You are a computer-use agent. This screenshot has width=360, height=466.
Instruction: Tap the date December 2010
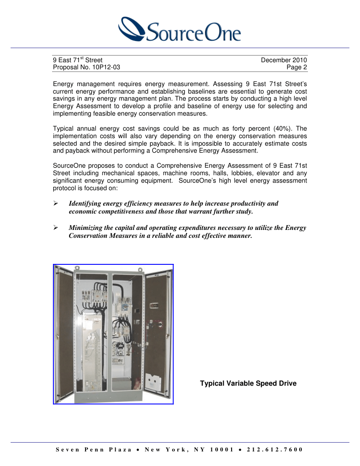(x=284, y=60)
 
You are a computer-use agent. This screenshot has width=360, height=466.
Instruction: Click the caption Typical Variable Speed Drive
(x=248, y=383)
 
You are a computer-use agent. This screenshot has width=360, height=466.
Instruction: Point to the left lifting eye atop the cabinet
(x=77, y=267)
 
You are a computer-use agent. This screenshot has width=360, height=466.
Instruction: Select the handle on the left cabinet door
(x=58, y=336)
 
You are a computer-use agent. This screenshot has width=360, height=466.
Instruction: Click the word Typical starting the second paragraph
(x=63, y=128)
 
